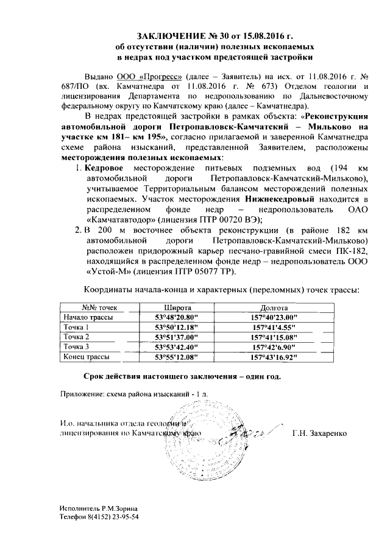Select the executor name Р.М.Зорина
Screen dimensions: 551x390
[119, 507]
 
